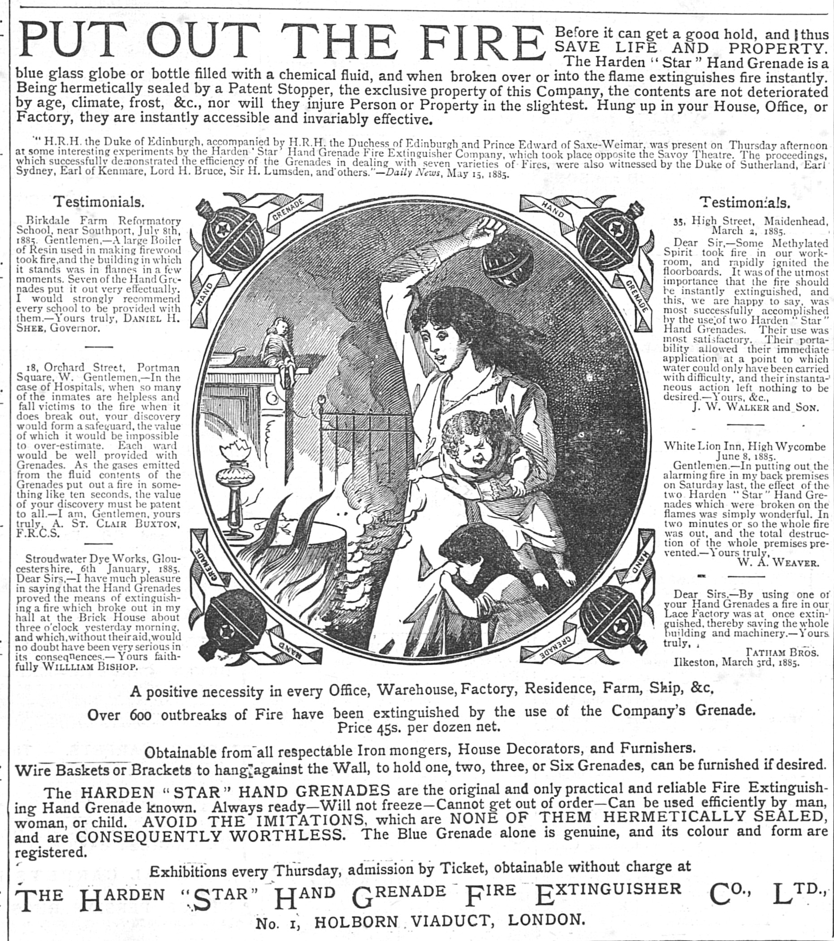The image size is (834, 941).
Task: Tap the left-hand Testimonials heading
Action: pyautogui.click(x=99, y=202)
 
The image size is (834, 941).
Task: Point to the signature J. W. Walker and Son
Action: pyautogui.click(x=755, y=407)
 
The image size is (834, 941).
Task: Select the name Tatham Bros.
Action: pyautogui.click(x=782, y=653)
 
